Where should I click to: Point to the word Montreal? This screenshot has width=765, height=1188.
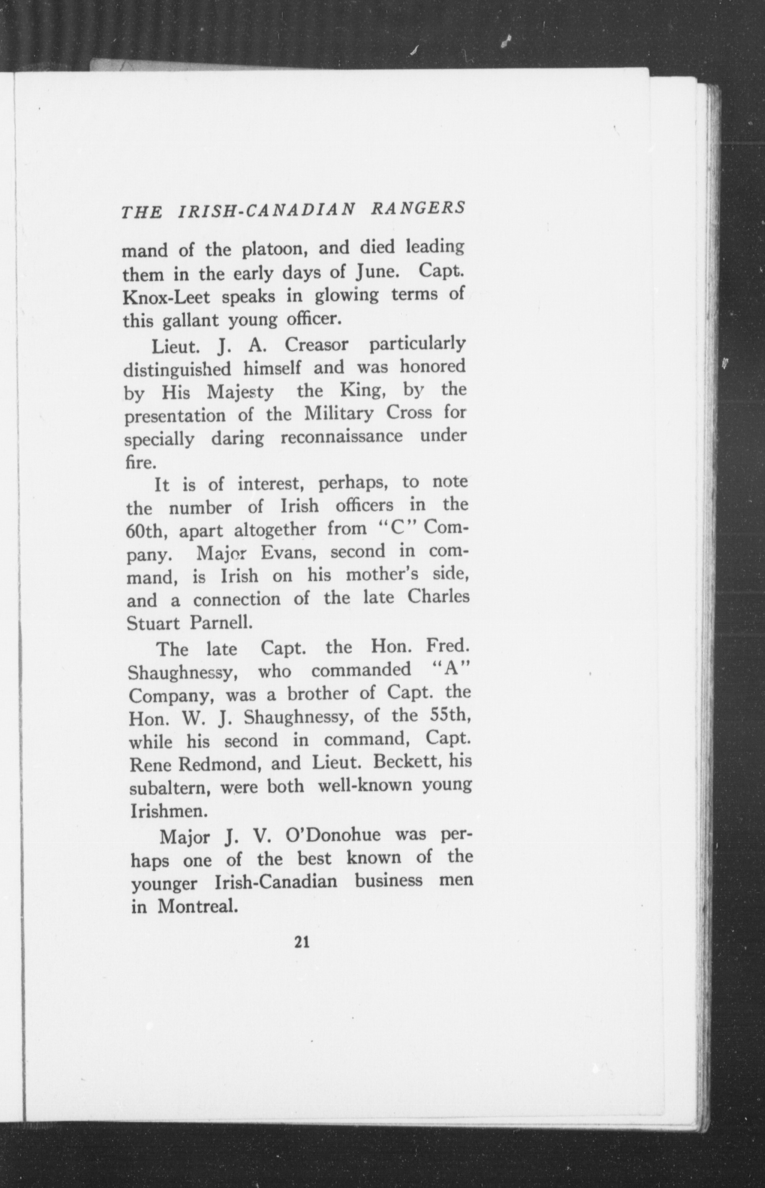click(x=196, y=907)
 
